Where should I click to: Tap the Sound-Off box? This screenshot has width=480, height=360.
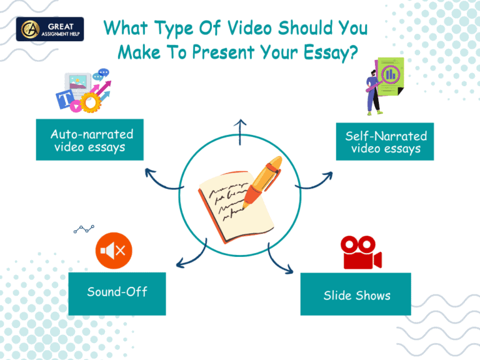pyautogui.click(x=117, y=292)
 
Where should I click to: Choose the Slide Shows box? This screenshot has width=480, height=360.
pyautogui.click(x=355, y=294)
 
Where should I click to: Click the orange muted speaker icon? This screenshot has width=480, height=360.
pyautogui.click(x=114, y=251)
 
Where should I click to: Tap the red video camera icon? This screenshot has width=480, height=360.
pyautogui.click(x=360, y=252)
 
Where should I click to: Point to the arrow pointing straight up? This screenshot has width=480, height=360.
pyautogui.click(x=240, y=132)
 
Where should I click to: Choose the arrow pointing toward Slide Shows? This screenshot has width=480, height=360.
pyautogui.click(x=281, y=259)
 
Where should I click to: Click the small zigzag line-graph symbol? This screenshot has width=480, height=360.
pyautogui.click(x=84, y=230)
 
